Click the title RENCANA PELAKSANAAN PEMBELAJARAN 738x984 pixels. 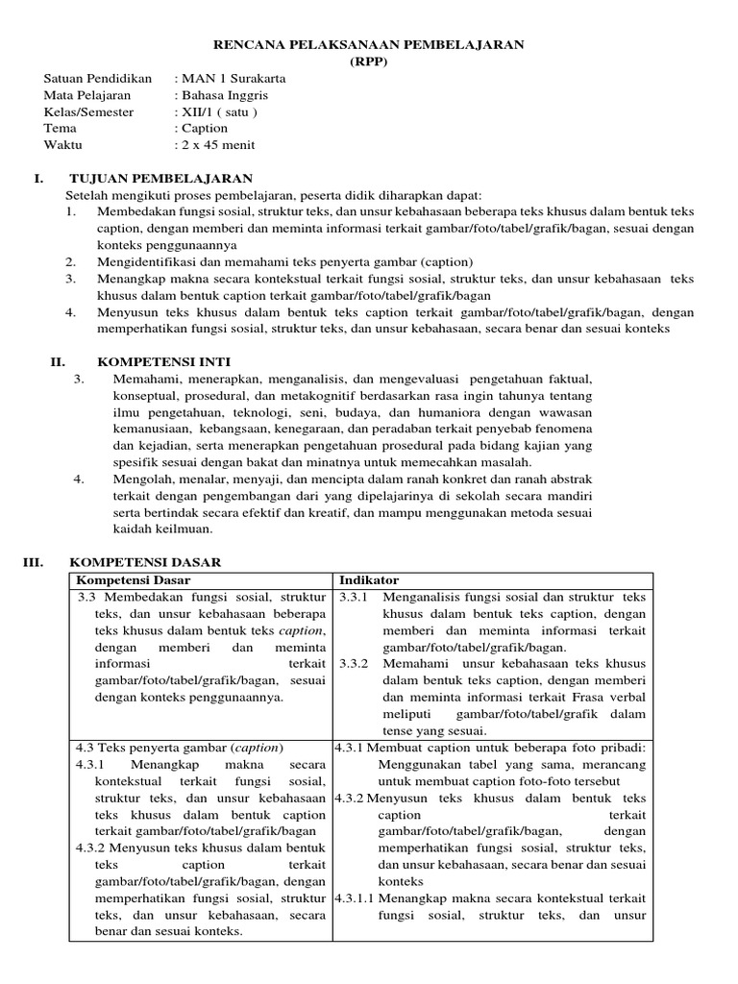(x=369, y=44)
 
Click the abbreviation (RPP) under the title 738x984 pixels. (x=369, y=61)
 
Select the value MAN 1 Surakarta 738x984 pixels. (x=233, y=78)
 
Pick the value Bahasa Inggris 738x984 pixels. (x=224, y=95)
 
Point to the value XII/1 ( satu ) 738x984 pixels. (x=220, y=111)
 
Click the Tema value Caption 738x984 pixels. (x=205, y=128)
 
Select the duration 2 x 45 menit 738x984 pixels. (x=218, y=145)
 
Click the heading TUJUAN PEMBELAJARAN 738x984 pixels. (x=160, y=179)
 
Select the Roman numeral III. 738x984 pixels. (x=34, y=561)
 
